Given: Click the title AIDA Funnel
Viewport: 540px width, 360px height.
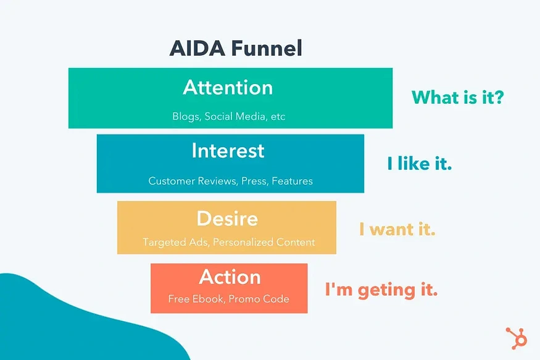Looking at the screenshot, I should pos(236,48).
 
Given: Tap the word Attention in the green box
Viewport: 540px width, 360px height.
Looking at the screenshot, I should pos(228,88).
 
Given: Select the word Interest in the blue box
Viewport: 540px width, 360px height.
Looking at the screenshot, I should pos(228,151).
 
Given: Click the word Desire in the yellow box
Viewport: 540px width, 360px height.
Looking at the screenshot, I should pos(227,218).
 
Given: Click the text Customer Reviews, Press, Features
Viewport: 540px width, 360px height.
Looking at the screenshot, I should pos(230,181).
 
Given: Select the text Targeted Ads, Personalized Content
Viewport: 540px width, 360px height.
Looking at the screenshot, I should pos(229,242).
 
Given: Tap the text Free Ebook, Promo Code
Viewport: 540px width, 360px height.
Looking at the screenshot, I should pos(228,299).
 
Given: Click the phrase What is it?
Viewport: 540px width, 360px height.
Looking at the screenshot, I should pos(457,97).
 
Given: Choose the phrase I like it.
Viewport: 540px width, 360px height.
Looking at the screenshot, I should pos(420,164).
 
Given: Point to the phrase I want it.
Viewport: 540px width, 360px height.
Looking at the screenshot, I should pos(397,230).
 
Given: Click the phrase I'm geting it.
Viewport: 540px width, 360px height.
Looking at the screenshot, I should pos(381,290).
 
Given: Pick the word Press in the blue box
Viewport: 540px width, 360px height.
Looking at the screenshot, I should pos(255,181).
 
